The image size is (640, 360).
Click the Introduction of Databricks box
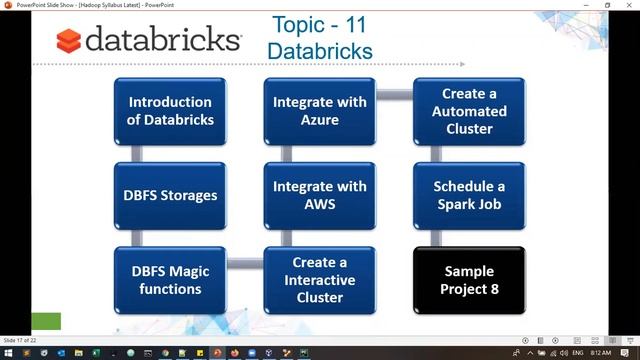[171, 111]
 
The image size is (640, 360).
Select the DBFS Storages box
[171, 195]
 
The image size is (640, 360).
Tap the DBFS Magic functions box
[171, 280]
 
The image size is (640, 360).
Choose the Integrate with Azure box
[319, 111]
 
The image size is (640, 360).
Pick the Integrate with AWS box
[319, 195]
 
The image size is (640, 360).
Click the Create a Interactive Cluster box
[319, 280]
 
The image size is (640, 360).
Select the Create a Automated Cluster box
[469, 111]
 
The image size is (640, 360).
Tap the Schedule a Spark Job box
[469, 195]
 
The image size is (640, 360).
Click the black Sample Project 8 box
[469, 280]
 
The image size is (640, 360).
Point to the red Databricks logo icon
[68, 41]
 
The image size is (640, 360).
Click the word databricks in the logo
[162, 40]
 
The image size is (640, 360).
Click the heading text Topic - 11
[321, 24]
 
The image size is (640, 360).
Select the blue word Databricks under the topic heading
[321, 50]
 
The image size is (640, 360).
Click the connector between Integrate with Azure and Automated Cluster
[394, 95]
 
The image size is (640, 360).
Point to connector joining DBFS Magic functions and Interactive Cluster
[245, 265]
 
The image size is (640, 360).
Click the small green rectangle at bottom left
[46, 321]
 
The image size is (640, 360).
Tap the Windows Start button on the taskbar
[8, 353]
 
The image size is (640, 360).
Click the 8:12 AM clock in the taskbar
[600, 353]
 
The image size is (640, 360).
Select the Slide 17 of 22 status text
[19, 341]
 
